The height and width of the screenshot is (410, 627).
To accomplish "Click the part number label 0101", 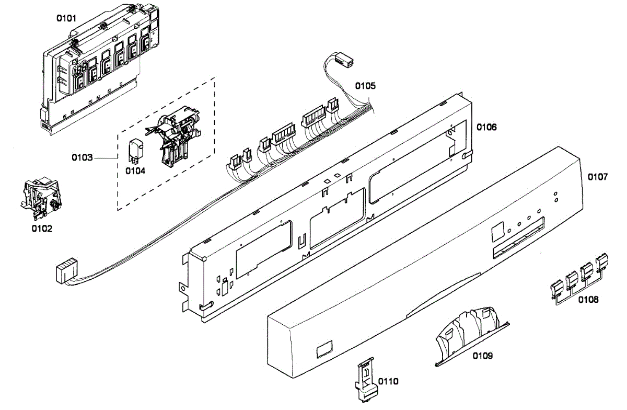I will click(x=66, y=18).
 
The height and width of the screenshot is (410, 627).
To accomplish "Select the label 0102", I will click(x=42, y=229).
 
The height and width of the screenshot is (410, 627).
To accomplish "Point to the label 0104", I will click(x=135, y=170).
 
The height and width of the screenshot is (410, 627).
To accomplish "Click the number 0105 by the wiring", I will click(x=365, y=85).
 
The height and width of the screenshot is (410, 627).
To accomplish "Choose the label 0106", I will click(x=486, y=127).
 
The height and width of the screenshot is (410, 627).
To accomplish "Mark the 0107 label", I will click(x=598, y=177).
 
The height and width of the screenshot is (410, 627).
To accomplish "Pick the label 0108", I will click(x=588, y=300).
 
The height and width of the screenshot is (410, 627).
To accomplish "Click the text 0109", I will click(x=483, y=356).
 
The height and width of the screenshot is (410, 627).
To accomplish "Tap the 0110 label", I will click(x=388, y=381).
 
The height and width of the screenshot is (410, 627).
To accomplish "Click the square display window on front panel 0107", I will click(x=498, y=230).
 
